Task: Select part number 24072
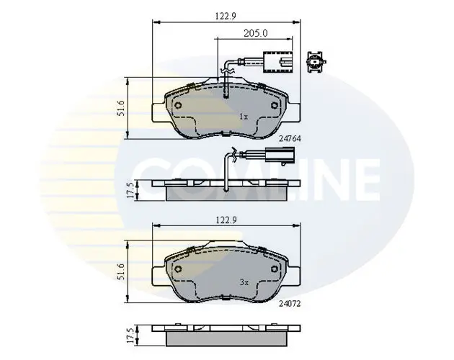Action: pos(289,304)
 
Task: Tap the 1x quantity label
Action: pos(243,116)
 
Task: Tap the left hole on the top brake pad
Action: pos(177,104)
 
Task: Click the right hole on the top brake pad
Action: pos(275,104)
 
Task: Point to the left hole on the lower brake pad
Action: pos(177,270)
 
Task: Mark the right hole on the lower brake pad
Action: pos(275,270)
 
